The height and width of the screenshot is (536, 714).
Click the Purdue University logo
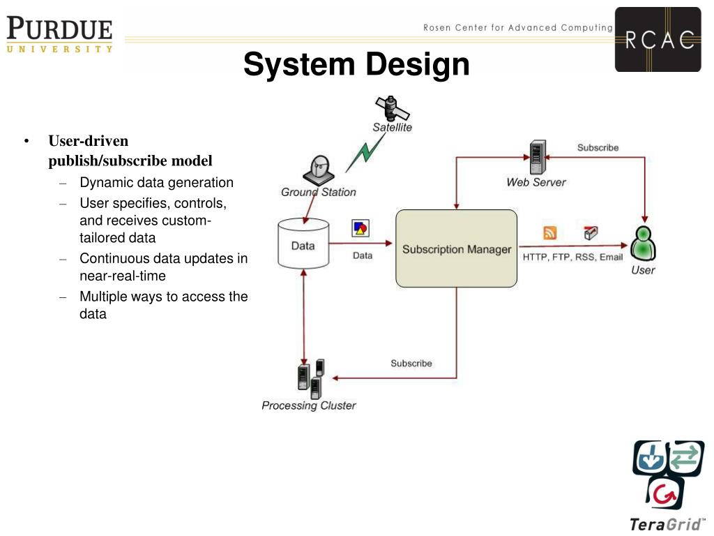[x=59, y=35]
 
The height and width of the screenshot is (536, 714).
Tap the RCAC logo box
[x=658, y=39]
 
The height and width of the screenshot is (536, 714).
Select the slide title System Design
[x=356, y=66]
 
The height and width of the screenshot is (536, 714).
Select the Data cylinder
[x=303, y=244]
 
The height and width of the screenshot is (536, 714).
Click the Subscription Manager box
[x=457, y=248]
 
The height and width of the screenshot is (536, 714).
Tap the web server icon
[x=537, y=158]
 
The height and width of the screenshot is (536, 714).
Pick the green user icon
[x=642, y=244]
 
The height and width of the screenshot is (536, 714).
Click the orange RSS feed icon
[x=550, y=233]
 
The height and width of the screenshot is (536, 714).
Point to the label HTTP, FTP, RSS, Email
[x=573, y=257]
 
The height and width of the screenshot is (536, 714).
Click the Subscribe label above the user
[x=598, y=147]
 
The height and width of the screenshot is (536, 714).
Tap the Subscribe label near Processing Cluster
[x=411, y=363]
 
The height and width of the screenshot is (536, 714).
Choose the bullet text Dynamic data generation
[x=156, y=183]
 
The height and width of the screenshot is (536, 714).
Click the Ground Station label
[x=318, y=192]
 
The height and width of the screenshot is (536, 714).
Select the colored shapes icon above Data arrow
[x=360, y=228]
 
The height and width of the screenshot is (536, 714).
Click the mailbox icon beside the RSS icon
[x=591, y=233]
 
